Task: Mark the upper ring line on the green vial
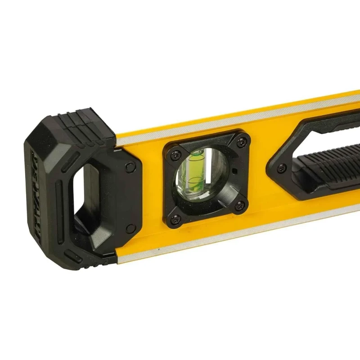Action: [196, 158]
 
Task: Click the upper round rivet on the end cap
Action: [131, 167]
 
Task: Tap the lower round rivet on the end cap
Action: [130, 229]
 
